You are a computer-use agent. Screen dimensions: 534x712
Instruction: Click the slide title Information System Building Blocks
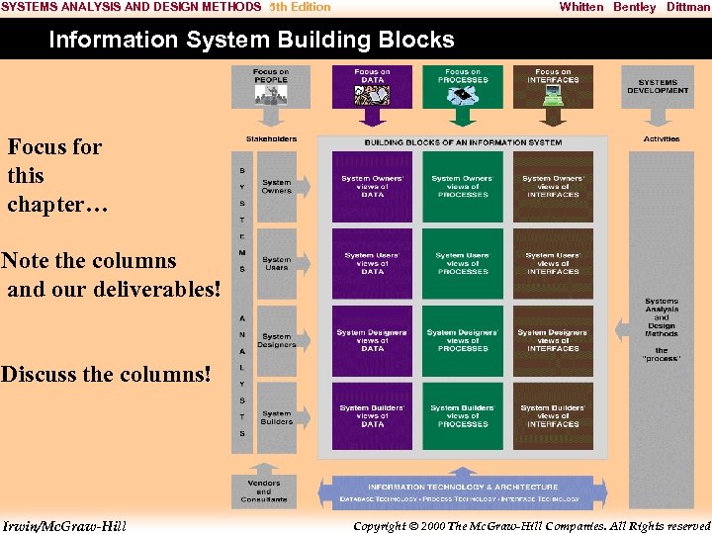251,40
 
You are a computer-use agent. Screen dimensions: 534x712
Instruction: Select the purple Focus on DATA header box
372,88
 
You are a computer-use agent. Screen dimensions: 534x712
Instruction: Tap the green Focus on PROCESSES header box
463,88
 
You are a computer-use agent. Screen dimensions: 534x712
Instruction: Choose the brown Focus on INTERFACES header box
553,88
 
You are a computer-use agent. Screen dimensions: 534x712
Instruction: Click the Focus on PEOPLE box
271,88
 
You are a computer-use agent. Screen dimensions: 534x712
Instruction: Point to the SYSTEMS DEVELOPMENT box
658,87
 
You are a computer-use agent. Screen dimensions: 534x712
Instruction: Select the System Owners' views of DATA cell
372,187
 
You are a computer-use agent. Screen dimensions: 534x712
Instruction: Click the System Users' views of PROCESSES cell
463,263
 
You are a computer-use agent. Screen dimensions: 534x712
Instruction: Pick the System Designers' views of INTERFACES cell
553,340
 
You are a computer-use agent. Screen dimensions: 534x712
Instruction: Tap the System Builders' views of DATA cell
372,416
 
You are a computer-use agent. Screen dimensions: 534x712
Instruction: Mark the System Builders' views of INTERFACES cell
553,416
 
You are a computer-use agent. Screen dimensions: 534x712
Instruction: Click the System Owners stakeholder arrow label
278,186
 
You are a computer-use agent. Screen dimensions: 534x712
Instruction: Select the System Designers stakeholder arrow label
278,340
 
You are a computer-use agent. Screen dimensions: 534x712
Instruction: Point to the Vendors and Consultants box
264,490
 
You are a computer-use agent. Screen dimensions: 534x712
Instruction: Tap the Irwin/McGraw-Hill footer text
64,525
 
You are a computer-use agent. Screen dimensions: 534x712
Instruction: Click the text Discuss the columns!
106,375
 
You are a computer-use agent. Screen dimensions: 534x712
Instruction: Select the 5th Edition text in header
301,7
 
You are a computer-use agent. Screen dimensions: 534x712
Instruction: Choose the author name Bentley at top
634,7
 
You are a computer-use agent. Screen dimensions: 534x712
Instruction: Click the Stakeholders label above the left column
271,139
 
